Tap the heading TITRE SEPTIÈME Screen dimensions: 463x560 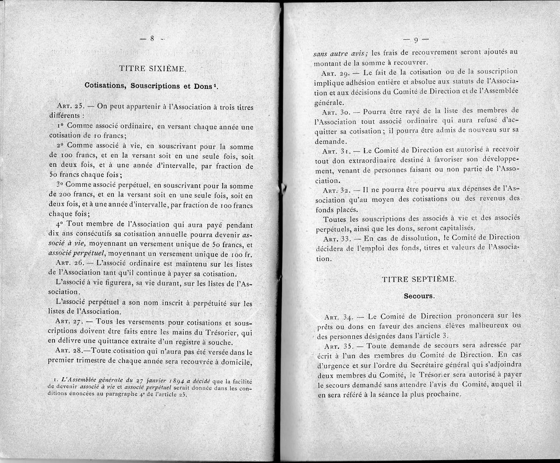click(418, 279)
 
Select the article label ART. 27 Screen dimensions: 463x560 click(69, 321)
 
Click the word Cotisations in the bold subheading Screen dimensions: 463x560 click(105, 86)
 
